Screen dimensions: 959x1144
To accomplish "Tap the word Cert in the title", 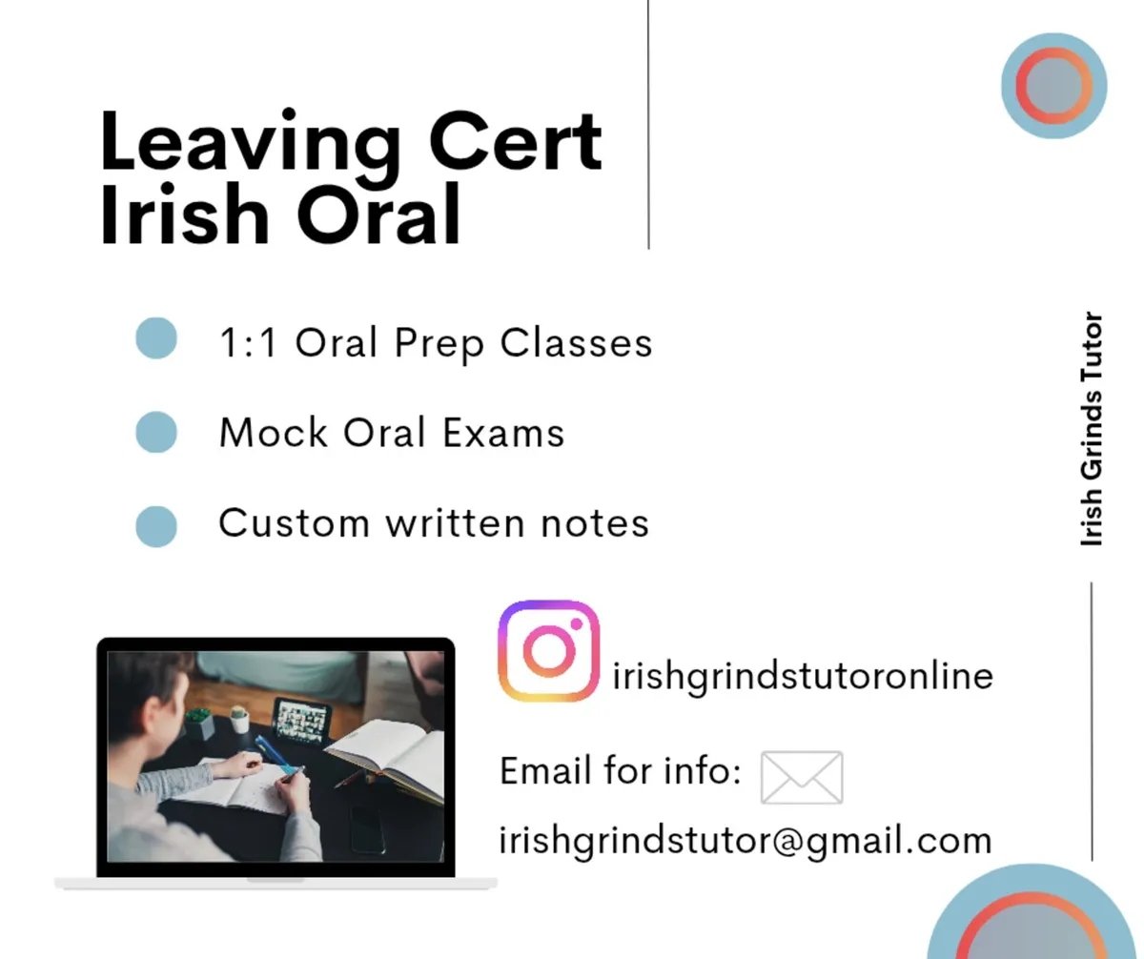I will click(x=515, y=141).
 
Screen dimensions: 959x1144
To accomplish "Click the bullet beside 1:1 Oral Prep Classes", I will click(x=156, y=338).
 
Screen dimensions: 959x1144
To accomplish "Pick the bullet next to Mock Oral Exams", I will click(x=156, y=432).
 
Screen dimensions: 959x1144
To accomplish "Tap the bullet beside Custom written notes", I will click(x=156, y=525).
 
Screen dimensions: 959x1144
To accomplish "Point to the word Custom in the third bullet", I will click(x=294, y=523).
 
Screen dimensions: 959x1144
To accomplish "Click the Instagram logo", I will click(x=548, y=651).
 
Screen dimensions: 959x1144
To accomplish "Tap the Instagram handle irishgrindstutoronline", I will click(x=803, y=677).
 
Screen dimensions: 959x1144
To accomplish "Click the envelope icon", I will click(x=802, y=777).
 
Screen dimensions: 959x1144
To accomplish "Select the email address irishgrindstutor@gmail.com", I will click(x=746, y=841).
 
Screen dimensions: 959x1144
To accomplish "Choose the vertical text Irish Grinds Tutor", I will click(x=1092, y=429).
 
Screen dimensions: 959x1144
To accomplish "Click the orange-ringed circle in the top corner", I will click(x=1053, y=86).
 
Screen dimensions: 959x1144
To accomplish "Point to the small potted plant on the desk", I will click(x=199, y=723).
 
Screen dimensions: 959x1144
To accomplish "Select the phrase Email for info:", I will click(x=621, y=770).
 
